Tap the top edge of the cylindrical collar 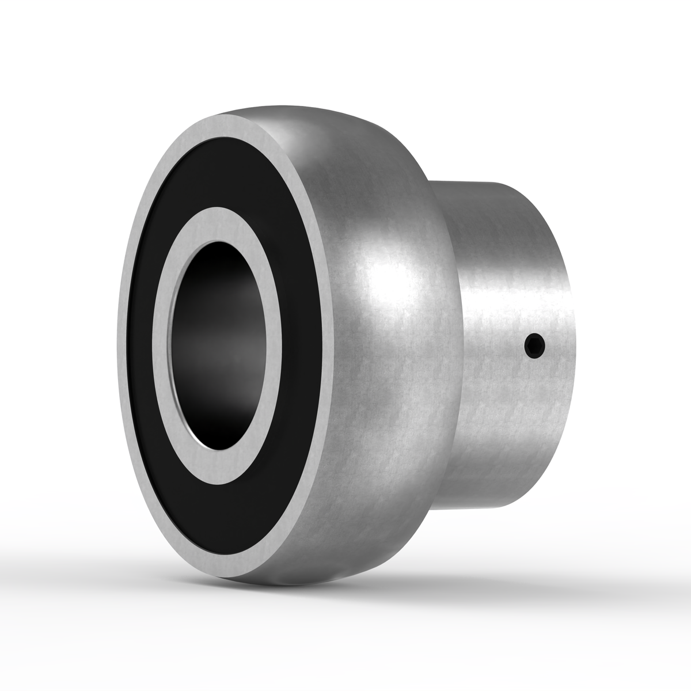pos(489,183)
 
